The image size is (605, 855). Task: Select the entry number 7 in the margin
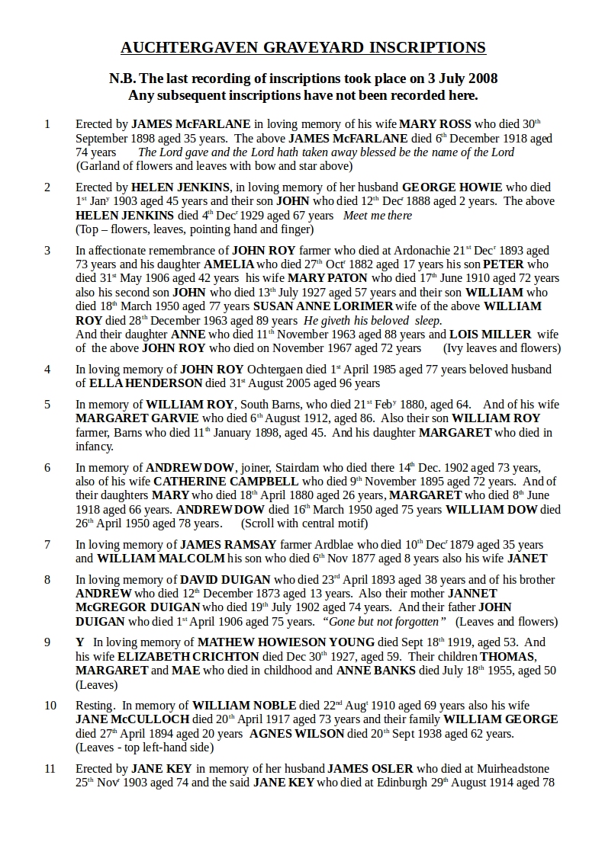(x=47, y=544)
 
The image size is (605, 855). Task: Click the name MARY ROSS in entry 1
(x=436, y=123)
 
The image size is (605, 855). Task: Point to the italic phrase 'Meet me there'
(x=378, y=216)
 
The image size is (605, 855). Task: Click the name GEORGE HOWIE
(x=452, y=187)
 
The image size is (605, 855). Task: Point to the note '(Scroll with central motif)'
(x=304, y=524)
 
